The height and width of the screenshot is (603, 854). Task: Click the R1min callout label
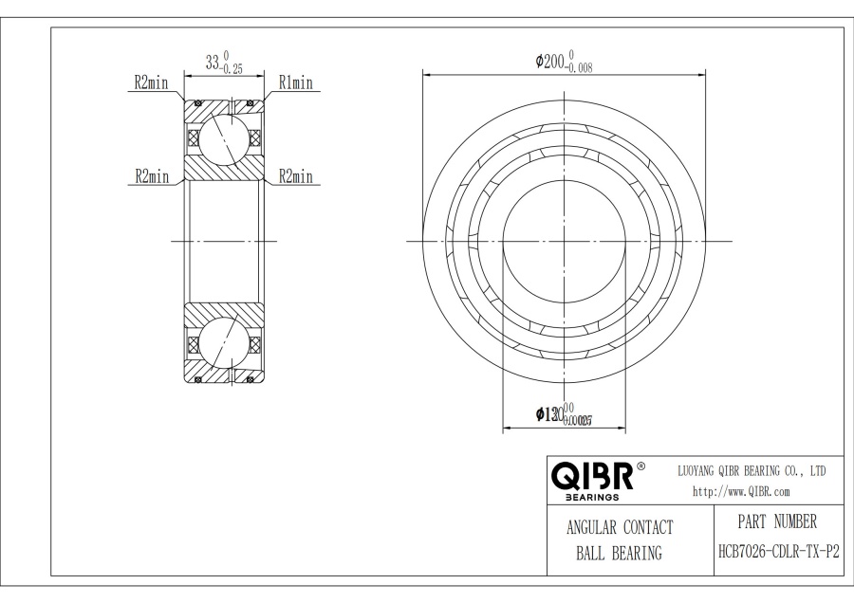(x=295, y=83)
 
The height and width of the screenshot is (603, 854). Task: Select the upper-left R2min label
(x=151, y=83)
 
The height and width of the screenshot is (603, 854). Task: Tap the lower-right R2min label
(x=295, y=176)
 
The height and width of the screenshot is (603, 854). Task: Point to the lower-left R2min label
(x=151, y=176)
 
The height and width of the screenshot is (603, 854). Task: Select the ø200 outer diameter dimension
(x=565, y=63)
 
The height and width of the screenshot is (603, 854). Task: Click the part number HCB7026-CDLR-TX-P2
(x=778, y=551)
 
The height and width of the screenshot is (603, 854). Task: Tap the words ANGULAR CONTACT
(x=619, y=528)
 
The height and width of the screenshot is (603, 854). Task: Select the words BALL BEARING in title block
(x=619, y=554)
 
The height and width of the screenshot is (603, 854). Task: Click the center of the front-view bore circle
(x=565, y=241)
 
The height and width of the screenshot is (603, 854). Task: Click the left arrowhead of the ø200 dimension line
(x=425, y=73)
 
